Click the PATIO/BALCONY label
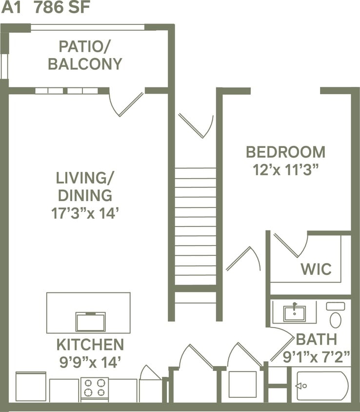[85, 55]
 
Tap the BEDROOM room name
[285, 152]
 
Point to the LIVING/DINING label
[85, 186]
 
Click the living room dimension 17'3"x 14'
[85, 213]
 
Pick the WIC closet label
[316, 269]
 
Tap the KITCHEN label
[90, 345]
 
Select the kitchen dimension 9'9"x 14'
[90, 362]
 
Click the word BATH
[316, 339]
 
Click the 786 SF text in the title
[62, 9]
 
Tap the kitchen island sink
[90, 322]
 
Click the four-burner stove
[94, 388]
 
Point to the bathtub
[322, 386]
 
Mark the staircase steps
[195, 225]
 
